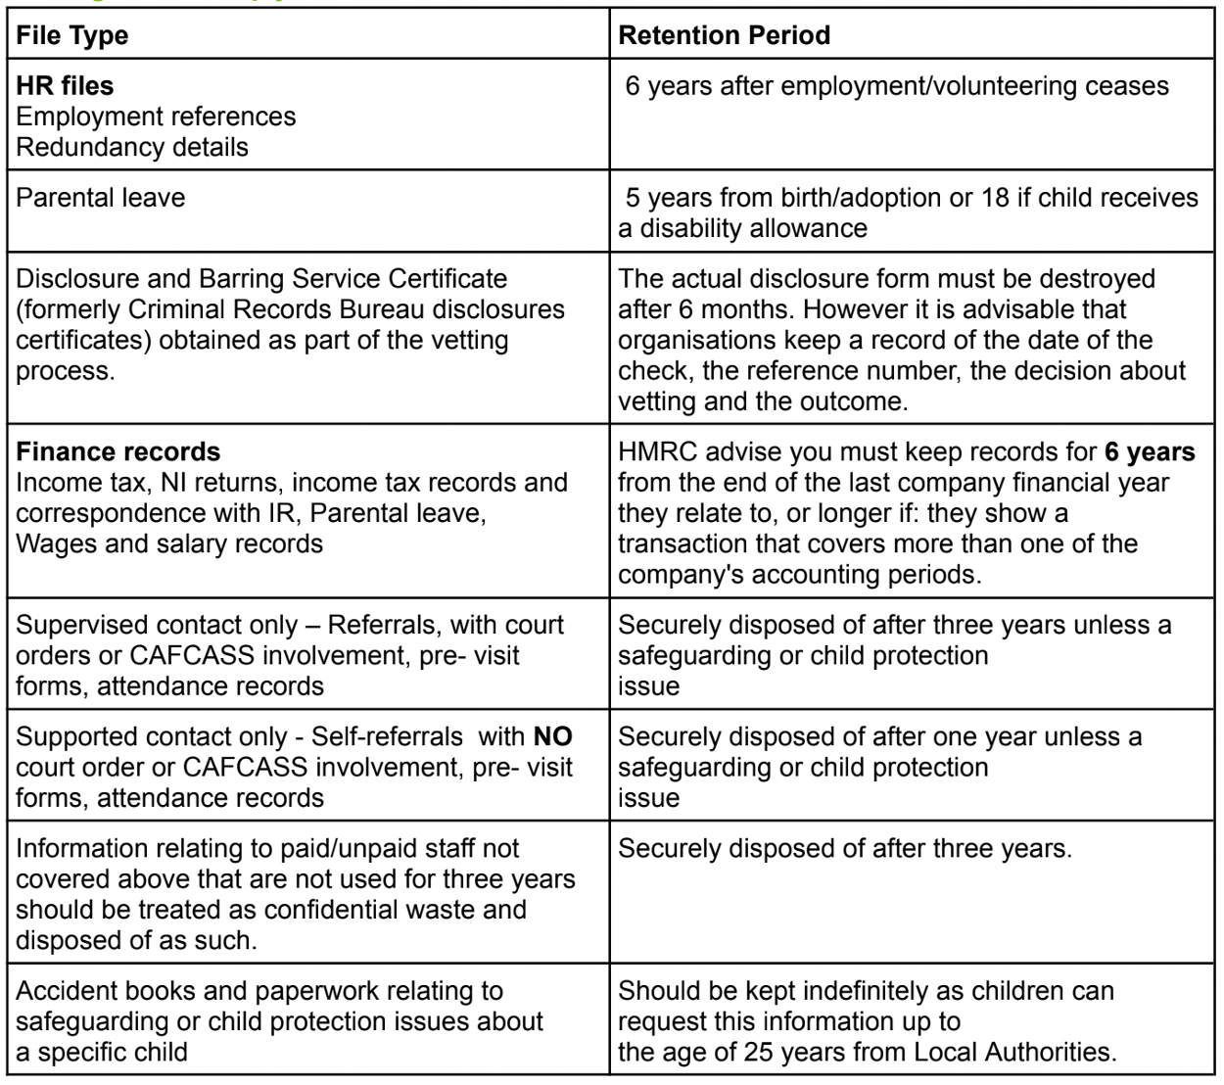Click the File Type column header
point(72,36)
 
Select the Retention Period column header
point(724,36)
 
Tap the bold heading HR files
point(65,86)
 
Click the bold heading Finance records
point(118,452)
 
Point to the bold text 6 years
point(1150,452)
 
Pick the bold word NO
point(552,736)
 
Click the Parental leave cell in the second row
point(101,198)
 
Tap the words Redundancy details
point(132,148)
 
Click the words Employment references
point(156,117)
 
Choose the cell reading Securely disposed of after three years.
point(844,849)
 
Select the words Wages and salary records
point(169,544)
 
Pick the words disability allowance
point(754,229)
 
